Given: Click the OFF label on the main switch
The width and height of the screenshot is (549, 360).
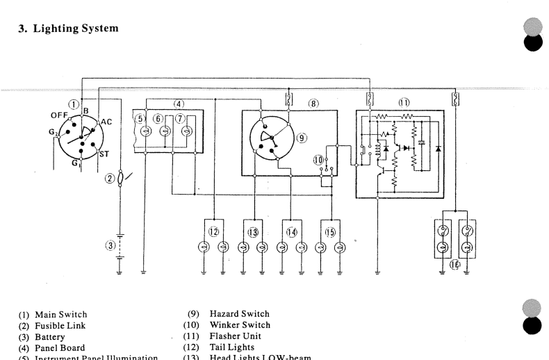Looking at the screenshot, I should point(59,115).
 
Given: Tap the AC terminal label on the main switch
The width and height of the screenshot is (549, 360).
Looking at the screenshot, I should point(106,122).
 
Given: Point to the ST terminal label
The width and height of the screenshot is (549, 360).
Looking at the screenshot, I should point(104,154).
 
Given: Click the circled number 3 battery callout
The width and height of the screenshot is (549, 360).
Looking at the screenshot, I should point(109,245).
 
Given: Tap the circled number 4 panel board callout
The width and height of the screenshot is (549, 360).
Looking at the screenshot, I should point(179,104).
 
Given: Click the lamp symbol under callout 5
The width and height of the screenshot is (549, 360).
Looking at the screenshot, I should point(145,131).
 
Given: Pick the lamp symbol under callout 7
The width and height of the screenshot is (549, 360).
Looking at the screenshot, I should point(186,131).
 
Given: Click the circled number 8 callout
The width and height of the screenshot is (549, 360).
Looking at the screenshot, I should point(313,104).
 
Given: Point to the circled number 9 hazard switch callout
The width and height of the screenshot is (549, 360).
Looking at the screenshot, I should point(302,138).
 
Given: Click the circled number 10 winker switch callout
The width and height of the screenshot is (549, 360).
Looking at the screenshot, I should point(319,160).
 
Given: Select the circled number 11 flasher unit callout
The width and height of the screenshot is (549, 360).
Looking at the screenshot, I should point(404,104).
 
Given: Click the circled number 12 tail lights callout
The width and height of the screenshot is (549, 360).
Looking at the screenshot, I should point(214,231).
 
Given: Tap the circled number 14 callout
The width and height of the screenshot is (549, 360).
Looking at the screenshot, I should point(292,231).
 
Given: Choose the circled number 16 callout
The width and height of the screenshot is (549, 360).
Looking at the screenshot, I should point(456,265).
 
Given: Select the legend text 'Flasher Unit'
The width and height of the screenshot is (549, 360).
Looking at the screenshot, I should point(234,336).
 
